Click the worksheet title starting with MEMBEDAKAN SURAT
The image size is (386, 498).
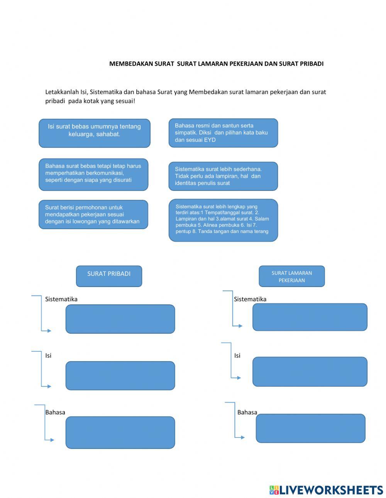point(216,64)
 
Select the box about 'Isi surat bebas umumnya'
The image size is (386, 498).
point(94,133)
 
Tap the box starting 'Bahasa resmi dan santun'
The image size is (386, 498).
point(223,133)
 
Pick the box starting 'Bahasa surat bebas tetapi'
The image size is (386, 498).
point(93,174)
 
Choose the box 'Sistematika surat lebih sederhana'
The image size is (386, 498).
point(223,176)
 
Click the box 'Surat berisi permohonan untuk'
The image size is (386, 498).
point(93,214)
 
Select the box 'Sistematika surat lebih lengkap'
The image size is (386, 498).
point(223,220)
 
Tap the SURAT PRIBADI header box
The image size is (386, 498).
point(109,276)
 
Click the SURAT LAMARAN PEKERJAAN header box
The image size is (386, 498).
point(291,276)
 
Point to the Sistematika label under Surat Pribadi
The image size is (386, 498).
point(61,299)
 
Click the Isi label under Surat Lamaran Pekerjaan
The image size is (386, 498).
point(237,355)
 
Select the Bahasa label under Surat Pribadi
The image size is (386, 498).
point(55,412)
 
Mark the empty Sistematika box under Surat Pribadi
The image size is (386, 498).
point(120,319)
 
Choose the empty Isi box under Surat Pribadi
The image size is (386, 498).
point(120,375)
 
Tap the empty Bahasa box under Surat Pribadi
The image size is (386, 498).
point(120,432)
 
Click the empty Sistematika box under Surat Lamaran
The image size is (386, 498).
point(310,317)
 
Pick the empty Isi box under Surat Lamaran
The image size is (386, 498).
point(310,371)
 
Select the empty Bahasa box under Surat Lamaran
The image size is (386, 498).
point(310,428)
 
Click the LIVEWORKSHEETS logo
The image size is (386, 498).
point(326,490)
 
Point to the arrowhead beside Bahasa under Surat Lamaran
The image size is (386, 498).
point(243,437)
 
